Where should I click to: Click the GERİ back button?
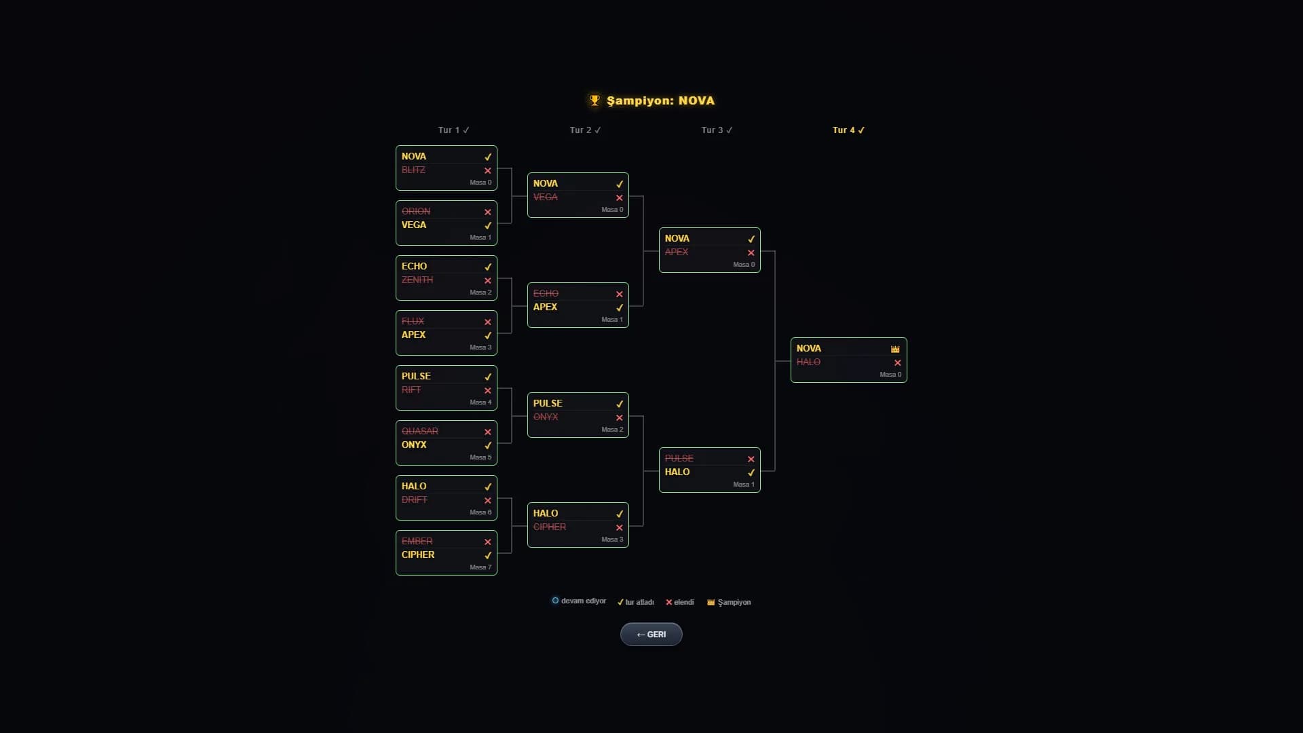[651, 634]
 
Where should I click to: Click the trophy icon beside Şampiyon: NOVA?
[594, 100]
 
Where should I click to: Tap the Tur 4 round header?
[848, 130]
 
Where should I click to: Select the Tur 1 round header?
[453, 130]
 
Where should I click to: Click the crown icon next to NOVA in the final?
[895, 349]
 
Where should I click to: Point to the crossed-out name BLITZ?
[413, 170]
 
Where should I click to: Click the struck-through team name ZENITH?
[417, 280]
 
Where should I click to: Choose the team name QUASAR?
[419, 431]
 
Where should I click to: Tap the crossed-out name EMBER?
[417, 541]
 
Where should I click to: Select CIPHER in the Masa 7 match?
[417, 555]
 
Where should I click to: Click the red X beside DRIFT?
[487, 500]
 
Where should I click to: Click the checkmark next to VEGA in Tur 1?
[487, 225]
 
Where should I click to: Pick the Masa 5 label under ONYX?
[480, 457]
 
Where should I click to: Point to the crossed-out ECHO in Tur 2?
[546, 293]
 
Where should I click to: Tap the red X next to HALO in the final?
[897, 362]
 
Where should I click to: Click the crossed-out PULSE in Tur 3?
[679, 458]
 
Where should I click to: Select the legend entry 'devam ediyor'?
[579, 601]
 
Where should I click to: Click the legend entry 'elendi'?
[679, 602]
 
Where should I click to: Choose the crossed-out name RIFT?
[411, 390]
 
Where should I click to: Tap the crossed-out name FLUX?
[413, 321]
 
